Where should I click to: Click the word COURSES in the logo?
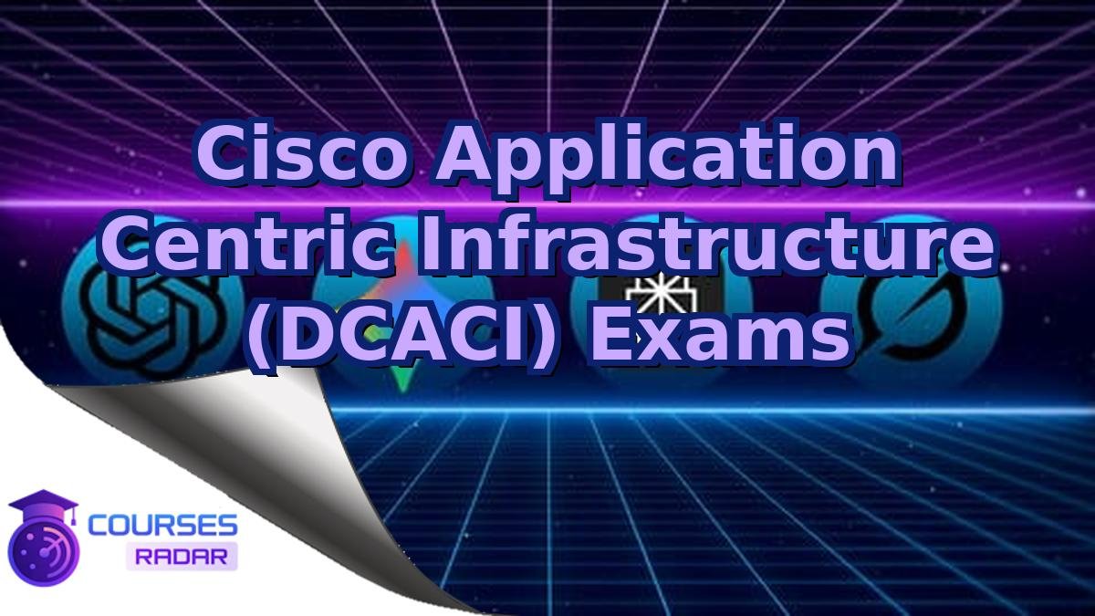[x=162, y=526]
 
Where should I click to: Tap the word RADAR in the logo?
[x=182, y=556]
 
